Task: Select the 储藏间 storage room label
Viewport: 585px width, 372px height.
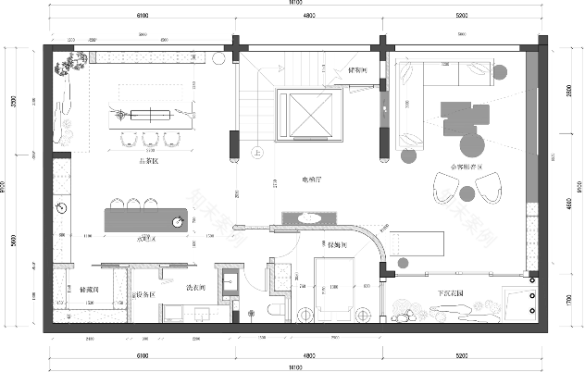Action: (x=90, y=289)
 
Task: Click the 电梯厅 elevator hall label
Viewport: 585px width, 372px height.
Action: (x=311, y=180)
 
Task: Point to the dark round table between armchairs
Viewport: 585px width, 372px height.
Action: (x=467, y=192)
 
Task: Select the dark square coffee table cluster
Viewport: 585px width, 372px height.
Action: (x=464, y=115)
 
